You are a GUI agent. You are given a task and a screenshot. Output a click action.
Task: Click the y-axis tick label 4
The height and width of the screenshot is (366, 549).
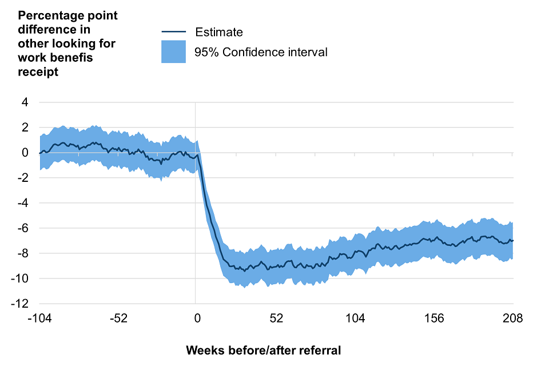(x=26, y=102)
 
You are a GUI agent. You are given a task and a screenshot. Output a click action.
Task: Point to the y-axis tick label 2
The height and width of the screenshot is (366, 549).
(x=26, y=128)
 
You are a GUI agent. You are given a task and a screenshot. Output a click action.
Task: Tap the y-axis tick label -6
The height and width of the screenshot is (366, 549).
(x=23, y=228)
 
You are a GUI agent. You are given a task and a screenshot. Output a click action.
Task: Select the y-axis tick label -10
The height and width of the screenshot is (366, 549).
(x=21, y=279)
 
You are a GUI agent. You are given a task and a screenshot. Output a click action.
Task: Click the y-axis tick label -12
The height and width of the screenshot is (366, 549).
(x=21, y=304)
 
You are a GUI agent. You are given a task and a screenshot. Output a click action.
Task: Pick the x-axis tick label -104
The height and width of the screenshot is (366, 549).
(x=39, y=319)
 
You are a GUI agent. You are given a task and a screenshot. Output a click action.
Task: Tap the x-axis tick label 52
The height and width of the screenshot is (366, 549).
(x=276, y=319)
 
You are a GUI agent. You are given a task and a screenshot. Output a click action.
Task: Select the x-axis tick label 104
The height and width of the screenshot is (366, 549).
(x=355, y=319)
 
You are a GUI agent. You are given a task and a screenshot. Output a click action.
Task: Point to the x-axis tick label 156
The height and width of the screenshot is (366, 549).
(x=434, y=319)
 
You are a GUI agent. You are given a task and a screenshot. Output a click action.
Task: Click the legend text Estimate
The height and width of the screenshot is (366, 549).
(x=219, y=33)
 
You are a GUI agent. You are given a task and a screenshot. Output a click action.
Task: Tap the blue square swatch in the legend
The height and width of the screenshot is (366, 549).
(x=173, y=52)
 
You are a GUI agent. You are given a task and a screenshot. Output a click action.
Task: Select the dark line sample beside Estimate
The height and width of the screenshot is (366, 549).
(x=173, y=32)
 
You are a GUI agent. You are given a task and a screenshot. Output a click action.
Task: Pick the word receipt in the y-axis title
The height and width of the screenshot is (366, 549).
(x=38, y=73)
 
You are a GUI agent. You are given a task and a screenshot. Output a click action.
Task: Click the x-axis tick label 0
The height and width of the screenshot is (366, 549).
(x=197, y=319)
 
